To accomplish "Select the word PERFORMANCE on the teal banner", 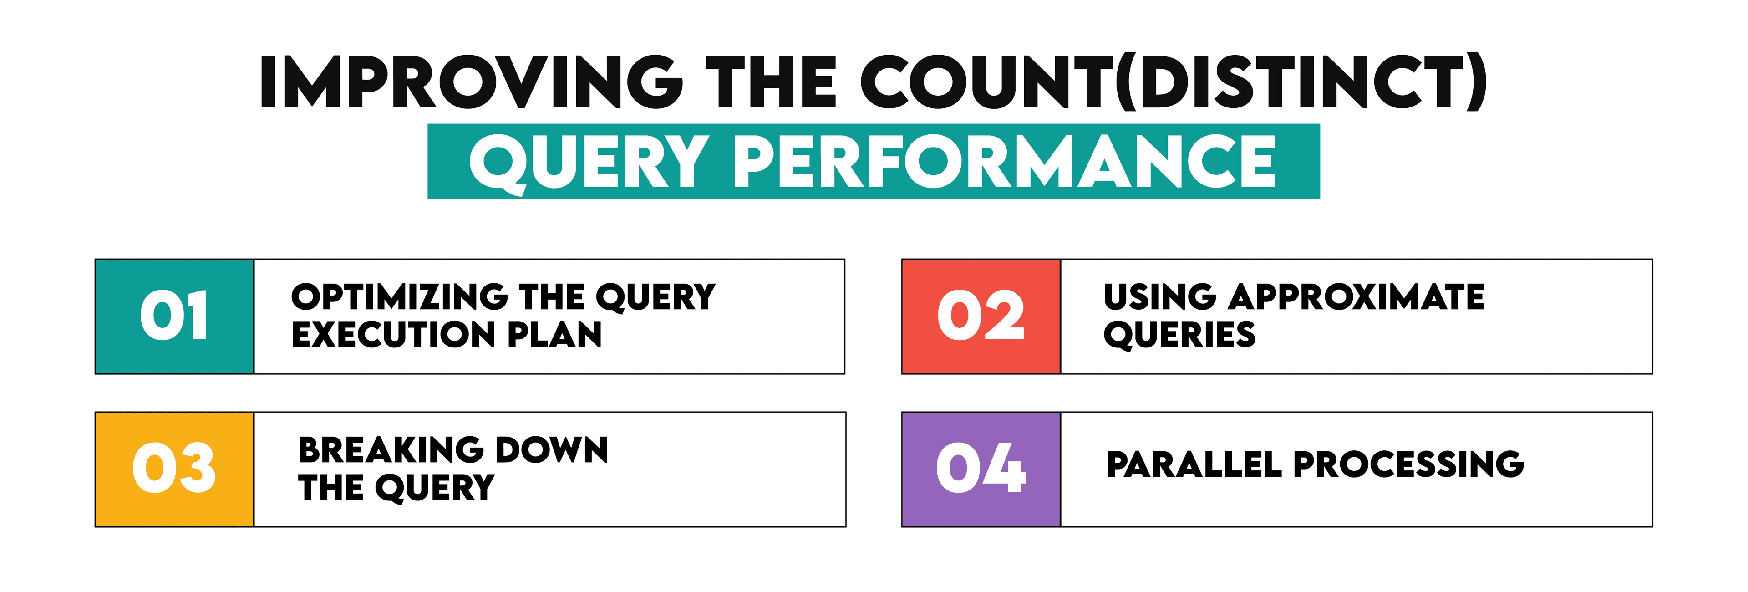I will click(x=1004, y=162).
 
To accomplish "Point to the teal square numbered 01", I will click(x=174, y=316).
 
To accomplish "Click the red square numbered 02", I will click(x=981, y=316).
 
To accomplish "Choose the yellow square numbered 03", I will click(x=174, y=469).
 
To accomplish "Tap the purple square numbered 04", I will click(x=981, y=469).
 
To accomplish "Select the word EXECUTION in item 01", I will click(x=394, y=335).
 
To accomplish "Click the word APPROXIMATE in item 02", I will click(x=1357, y=297).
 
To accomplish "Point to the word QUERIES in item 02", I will click(x=1179, y=335).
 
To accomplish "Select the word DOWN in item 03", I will click(x=552, y=450).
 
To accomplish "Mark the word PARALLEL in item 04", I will click(x=1194, y=465).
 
